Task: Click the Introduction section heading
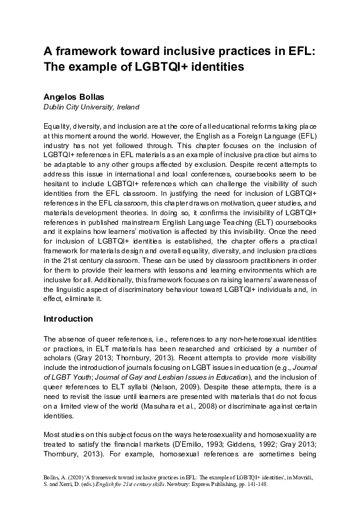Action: pyautogui.click(x=68, y=318)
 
